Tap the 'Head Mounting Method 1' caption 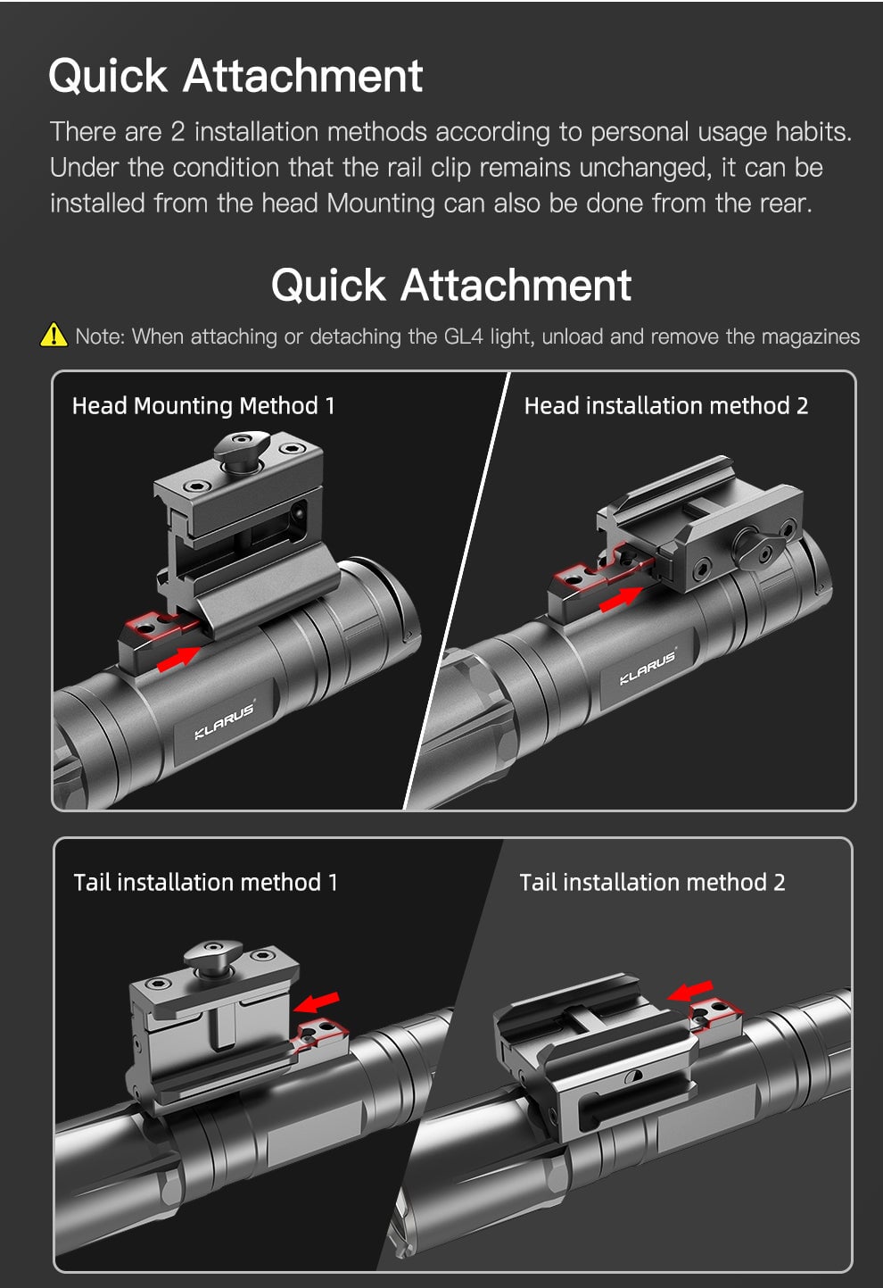point(203,406)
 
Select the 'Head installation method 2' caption point(665,406)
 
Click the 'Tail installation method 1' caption point(205,883)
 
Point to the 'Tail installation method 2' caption point(652,883)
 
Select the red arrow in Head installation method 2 point(621,599)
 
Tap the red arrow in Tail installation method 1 point(318,1001)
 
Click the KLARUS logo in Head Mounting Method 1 point(224,721)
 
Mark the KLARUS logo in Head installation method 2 point(648,667)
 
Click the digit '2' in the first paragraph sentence point(177,132)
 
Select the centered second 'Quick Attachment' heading point(451,286)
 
